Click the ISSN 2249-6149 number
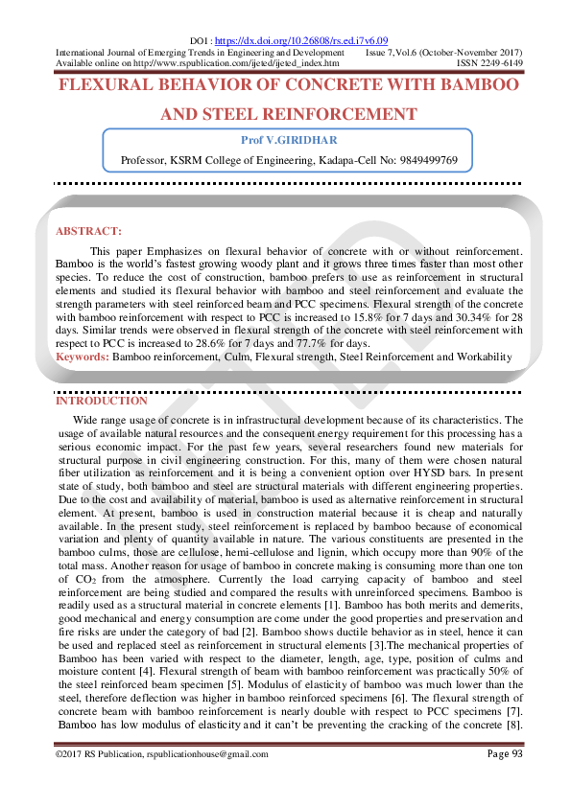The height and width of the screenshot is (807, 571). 489,62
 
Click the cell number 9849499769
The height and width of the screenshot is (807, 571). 424,159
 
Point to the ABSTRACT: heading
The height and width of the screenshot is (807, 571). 88,231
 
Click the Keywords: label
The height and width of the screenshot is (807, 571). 83,357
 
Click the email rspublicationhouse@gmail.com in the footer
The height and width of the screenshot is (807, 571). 203,755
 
